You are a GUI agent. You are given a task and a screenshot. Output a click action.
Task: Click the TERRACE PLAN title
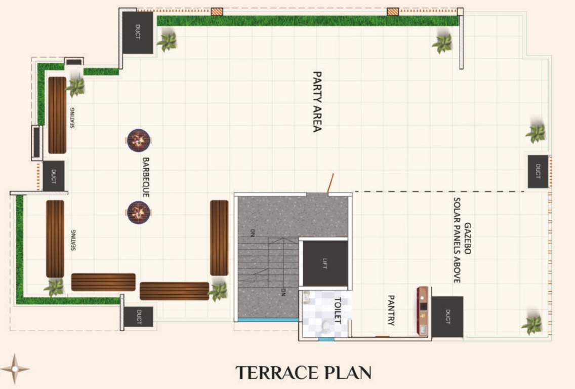point(304,373)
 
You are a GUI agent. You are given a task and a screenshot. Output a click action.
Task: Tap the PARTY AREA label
point(317,101)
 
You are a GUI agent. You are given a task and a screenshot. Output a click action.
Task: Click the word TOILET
point(337,310)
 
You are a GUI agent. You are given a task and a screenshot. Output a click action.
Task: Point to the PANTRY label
point(391,310)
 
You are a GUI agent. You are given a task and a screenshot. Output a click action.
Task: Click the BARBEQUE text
point(146,177)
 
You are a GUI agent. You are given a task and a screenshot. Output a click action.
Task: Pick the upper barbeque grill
point(138,140)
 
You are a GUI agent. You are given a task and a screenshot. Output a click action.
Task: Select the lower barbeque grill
point(138,212)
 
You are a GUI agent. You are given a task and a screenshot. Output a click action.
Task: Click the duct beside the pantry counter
point(447,317)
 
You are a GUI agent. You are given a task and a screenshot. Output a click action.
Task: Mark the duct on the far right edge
point(538,172)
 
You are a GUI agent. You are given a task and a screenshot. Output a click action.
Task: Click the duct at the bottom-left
point(138,318)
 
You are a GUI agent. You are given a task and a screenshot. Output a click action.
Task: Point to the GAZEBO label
point(468,238)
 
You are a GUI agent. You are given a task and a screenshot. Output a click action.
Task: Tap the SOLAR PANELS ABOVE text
point(457,240)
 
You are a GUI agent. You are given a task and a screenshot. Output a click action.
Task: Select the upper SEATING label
point(73,118)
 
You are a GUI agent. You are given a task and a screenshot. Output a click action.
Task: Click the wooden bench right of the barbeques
point(219,237)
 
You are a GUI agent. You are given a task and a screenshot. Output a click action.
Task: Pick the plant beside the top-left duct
point(167,42)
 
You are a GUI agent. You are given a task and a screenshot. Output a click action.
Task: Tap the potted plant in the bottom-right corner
point(532,324)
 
